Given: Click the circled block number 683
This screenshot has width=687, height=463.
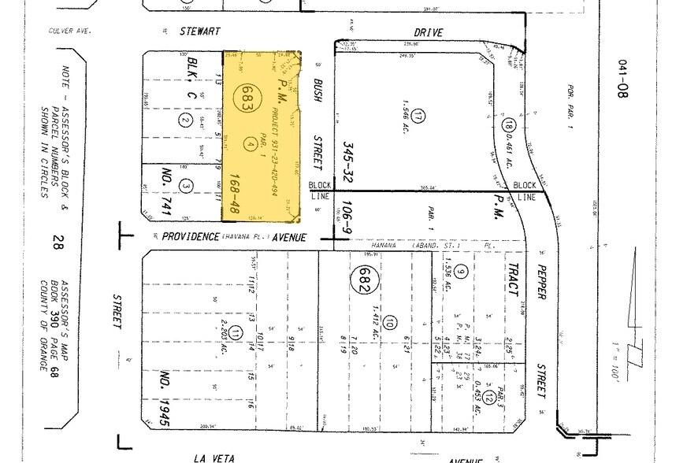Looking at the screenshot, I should coord(247,99).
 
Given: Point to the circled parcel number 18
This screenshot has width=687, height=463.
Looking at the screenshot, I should coord(509,124).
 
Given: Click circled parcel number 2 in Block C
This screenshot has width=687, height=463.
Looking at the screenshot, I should coord(184,120).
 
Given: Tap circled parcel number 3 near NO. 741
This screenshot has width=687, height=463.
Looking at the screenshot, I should coord(186,186).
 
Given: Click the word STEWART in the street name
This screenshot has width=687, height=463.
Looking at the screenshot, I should coord(199,31).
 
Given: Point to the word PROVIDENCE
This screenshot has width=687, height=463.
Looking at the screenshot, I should coord(190,236).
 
